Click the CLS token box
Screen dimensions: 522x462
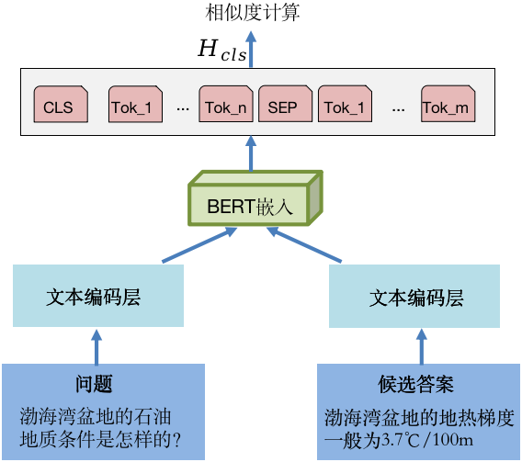point(61,104)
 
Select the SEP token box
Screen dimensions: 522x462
point(285,104)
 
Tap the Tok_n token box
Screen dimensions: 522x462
point(226,104)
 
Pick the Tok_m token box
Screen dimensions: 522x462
point(448,104)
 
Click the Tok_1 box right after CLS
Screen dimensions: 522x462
point(135,104)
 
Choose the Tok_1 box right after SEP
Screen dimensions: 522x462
point(345,104)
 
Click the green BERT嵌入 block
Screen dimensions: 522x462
point(255,198)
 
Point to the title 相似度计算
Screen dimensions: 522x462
point(253,12)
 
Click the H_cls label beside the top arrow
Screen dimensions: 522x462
point(222,50)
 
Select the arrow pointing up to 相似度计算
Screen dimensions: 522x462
point(251,50)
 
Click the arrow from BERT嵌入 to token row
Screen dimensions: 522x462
point(251,153)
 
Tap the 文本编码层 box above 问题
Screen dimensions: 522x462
point(98,296)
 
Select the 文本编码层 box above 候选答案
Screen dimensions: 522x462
point(414,297)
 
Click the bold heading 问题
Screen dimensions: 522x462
point(94,384)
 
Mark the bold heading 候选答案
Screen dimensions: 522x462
point(415,384)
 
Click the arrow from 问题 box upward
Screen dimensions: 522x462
point(96,347)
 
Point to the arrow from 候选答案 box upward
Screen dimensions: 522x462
point(422,347)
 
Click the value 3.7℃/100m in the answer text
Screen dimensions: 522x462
point(426,440)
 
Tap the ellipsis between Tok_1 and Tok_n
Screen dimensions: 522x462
point(183,109)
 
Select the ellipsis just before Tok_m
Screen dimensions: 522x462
point(399,109)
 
